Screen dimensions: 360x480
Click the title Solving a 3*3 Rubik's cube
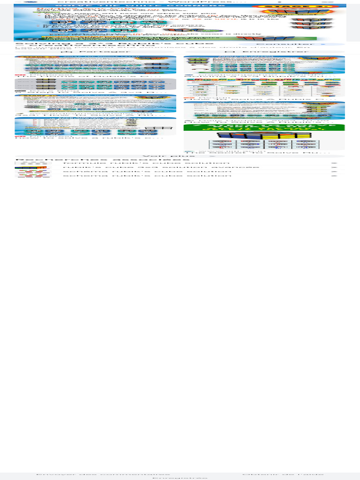point(75,44)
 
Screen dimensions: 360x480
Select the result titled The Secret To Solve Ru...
point(257,152)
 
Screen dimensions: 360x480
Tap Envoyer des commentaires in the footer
point(103,475)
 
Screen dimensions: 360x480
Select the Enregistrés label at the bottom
point(180,479)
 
